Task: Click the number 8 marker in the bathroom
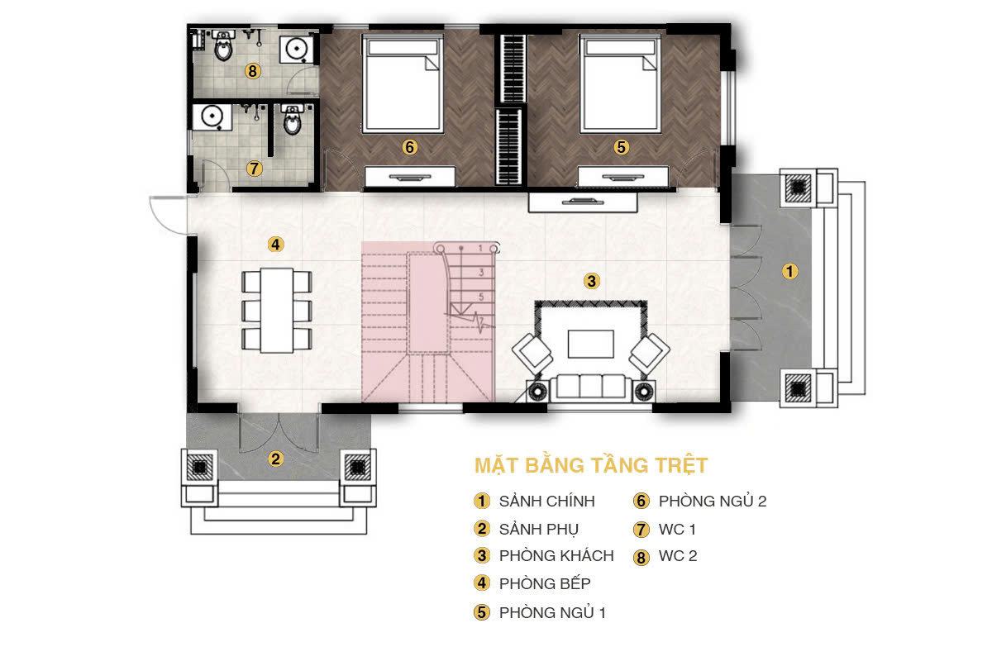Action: (x=252, y=71)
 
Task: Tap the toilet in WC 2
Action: (x=223, y=45)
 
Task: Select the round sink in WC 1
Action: (x=212, y=117)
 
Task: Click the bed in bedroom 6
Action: (x=403, y=84)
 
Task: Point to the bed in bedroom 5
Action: (x=620, y=84)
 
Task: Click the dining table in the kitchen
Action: (x=277, y=310)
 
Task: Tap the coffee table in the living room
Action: (x=591, y=344)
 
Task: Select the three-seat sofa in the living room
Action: (x=591, y=388)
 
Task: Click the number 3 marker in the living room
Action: (x=592, y=281)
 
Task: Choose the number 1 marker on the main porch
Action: (x=789, y=271)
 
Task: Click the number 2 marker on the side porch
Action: (x=275, y=459)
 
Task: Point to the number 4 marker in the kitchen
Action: (x=275, y=244)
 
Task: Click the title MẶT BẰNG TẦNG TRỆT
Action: (x=591, y=465)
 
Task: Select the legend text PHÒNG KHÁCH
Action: (x=556, y=555)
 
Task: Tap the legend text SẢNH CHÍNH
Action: (x=547, y=501)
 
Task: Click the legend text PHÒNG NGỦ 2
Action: (x=713, y=501)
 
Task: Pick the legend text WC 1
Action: (x=677, y=529)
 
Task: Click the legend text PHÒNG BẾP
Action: (x=545, y=583)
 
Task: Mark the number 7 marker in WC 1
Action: (x=254, y=169)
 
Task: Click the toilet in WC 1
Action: (x=292, y=120)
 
